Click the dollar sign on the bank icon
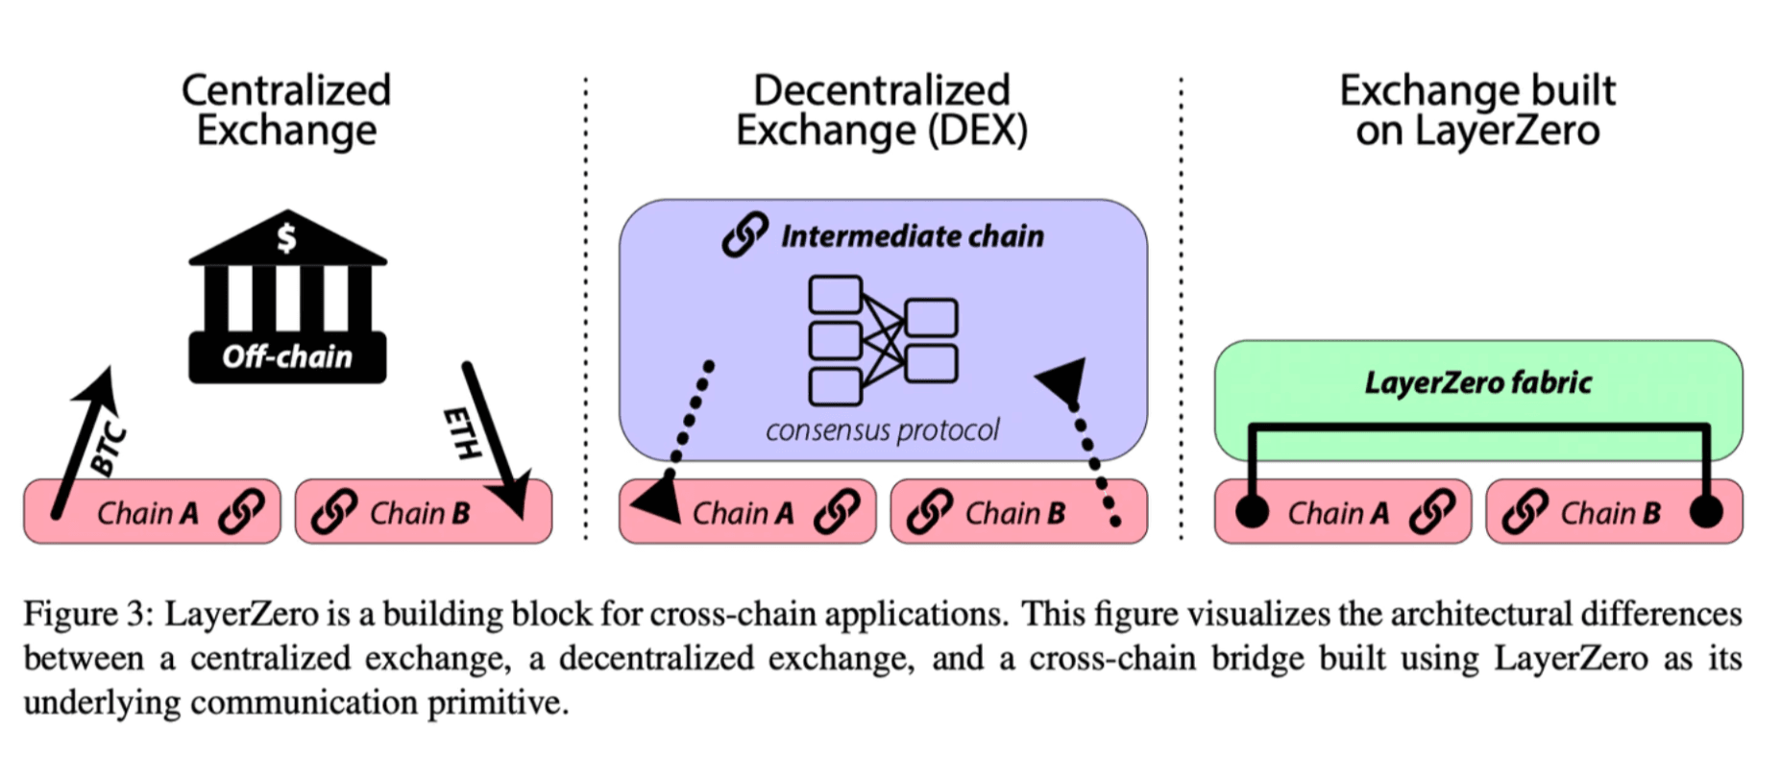[x=286, y=236]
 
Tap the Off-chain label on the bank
[x=287, y=357]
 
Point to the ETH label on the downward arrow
[x=462, y=433]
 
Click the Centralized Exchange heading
[x=286, y=110]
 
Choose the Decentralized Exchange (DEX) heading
[x=882, y=110]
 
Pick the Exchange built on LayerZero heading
[x=1477, y=110]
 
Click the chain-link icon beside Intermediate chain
[x=745, y=234]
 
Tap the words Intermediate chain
[x=912, y=236]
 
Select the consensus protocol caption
[x=882, y=429]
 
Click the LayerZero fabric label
[x=1477, y=383]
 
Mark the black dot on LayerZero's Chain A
[x=1252, y=512]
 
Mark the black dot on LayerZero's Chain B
[x=1706, y=512]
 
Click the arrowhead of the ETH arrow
[x=510, y=496]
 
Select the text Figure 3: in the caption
[x=87, y=614]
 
